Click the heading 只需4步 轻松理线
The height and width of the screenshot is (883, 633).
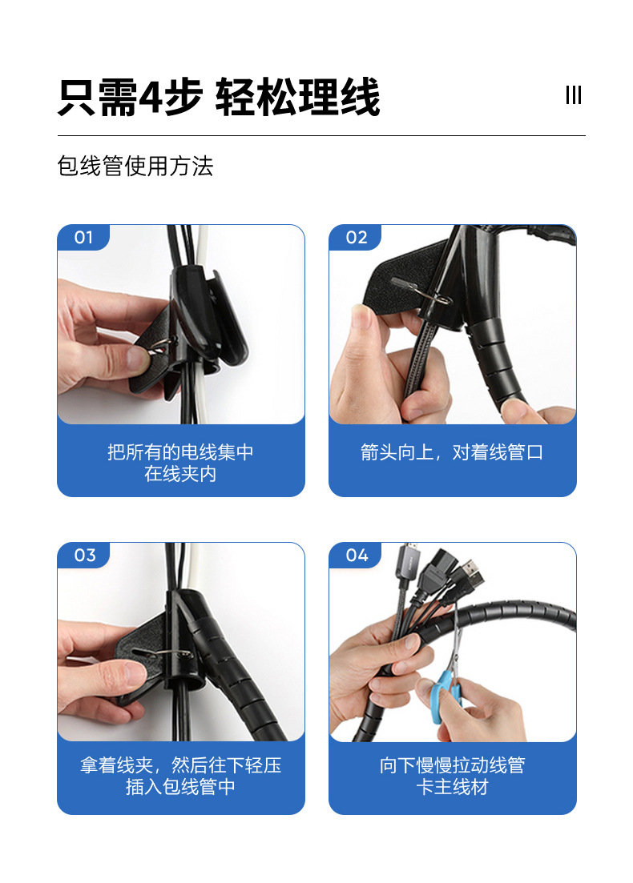tap(218, 98)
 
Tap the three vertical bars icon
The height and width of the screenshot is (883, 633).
tap(573, 95)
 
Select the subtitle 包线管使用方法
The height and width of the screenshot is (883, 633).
tap(135, 167)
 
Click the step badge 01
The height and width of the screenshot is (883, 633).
tap(83, 238)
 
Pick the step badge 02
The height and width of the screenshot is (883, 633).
tap(356, 238)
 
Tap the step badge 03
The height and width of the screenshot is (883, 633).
tap(84, 556)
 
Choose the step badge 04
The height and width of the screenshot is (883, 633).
tap(357, 556)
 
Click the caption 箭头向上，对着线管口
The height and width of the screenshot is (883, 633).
tap(452, 452)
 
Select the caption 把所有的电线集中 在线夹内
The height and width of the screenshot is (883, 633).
tap(180, 463)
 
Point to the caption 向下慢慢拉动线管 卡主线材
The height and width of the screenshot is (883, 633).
tap(452, 777)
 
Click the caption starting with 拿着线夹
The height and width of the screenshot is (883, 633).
tap(180, 777)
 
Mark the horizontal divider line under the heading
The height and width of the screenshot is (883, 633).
tap(321, 136)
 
